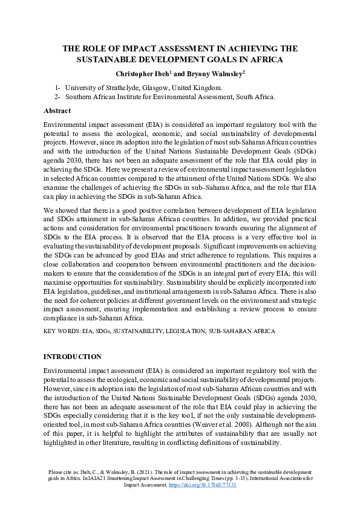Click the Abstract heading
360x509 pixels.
pyautogui.click(x=57, y=111)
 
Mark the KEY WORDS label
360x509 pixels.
pyautogui.click(x=61, y=331)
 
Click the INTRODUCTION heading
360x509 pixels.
pyautogui.click(x=73, y=357)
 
